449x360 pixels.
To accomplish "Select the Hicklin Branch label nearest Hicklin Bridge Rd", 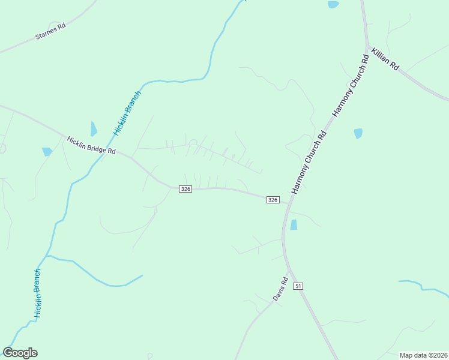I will [127, 113].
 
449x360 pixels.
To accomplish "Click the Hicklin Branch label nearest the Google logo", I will [38, 293].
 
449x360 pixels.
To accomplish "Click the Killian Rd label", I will [385, 59].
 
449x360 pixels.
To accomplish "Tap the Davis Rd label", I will [280, 289].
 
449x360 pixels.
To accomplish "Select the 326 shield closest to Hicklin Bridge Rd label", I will [185, 189].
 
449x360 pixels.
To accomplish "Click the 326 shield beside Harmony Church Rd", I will [273, 200].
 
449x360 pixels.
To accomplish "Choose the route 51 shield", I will [298, 287].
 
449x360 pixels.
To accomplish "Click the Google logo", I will [20, 353].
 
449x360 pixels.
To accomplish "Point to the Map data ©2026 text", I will [423, 355].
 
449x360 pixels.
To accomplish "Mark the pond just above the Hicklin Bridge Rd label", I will [94, 128].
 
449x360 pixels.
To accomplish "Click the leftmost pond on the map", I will [47, 152].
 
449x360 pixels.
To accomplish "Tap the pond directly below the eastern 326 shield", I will [294, 225].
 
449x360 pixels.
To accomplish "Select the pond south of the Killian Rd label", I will [358, 133].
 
